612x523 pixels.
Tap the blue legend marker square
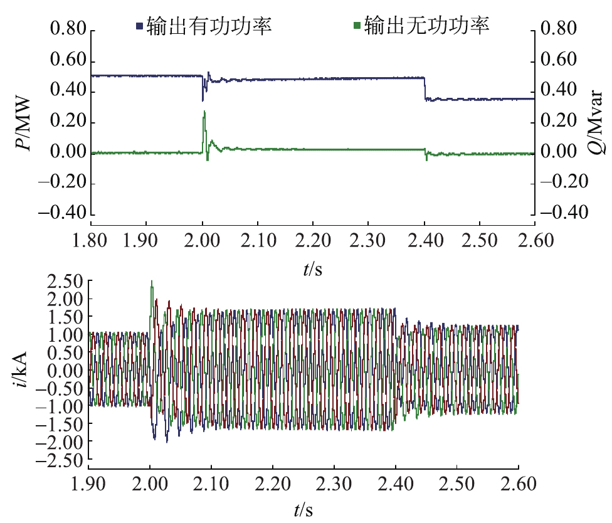140,26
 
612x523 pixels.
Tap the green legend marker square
357,26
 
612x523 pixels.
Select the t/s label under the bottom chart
303,510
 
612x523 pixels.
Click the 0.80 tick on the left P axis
66,29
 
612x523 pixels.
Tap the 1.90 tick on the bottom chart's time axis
88,484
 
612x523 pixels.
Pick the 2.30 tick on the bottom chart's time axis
334,484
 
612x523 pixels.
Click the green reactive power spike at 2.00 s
204,113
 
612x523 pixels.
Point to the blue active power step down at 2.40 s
425,88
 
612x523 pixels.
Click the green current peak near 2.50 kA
152,282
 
